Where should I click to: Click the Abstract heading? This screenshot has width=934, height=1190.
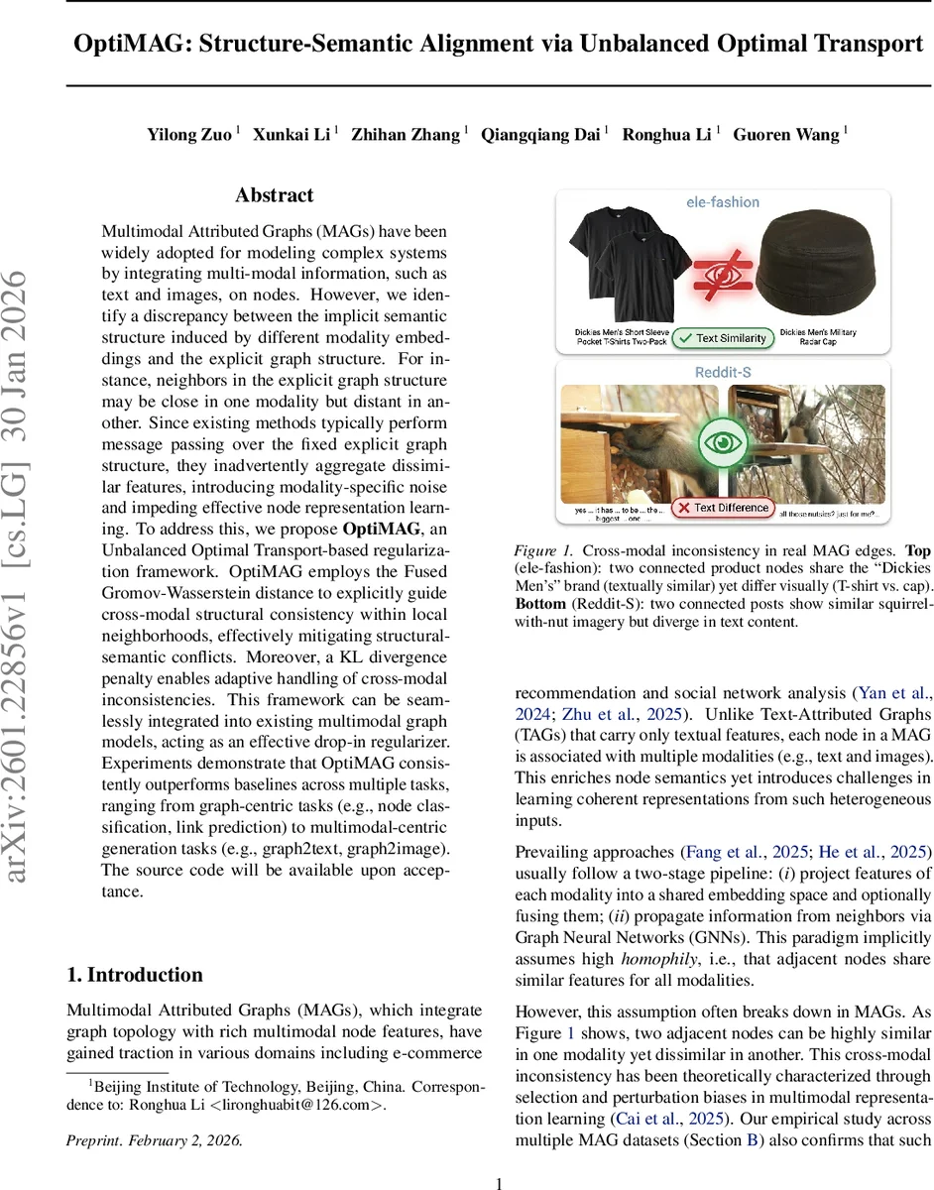(274, 195)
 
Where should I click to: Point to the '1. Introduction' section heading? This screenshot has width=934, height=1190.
(134, 975)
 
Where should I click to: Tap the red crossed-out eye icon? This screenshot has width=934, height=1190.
(721, 272)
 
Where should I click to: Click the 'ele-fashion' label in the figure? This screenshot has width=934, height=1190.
(722, 202)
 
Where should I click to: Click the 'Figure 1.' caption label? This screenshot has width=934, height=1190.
(543, 548)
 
